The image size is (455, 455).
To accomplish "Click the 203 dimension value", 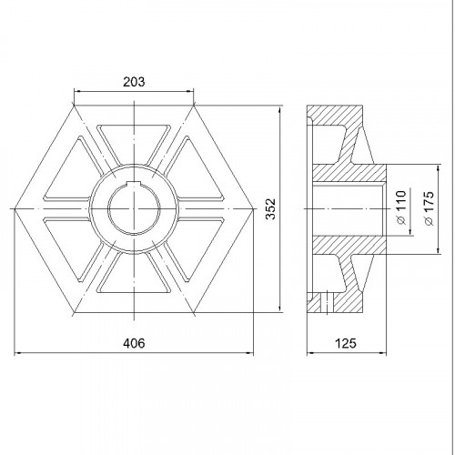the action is [134, 82].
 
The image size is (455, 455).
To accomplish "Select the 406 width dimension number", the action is [134, 343].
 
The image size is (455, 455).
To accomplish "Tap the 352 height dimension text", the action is [270, 208].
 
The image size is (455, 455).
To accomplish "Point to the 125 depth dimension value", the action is [346, 343].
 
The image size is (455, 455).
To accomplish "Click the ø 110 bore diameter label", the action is [401, 207].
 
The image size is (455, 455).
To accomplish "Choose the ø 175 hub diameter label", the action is [430, 208].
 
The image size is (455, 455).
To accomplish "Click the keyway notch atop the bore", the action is [134, 183].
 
